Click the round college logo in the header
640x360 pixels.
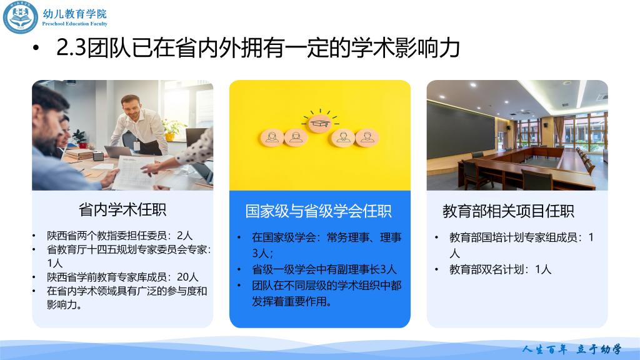click(21, 17)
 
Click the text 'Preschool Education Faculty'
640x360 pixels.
click(75, 24)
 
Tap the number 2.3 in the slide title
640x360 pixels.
click(71, 47)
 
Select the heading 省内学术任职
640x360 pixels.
click(122, 209)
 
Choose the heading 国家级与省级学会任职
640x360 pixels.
click(318, 211)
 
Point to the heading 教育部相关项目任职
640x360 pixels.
click(508, 211)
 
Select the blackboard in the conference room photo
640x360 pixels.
click(461, 131)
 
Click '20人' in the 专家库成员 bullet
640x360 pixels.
click(187, 277)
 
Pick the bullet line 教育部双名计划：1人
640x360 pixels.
click(500, 269)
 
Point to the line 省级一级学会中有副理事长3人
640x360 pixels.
click(324, 269)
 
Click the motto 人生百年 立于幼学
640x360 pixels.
click(571, 349)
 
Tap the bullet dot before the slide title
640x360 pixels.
click(36, 48)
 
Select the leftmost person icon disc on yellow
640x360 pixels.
click(272, 138)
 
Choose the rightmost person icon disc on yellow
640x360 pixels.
click(367, 138)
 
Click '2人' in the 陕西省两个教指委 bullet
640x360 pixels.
click(184, 236)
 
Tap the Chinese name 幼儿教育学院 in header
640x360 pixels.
click(75, 14)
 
